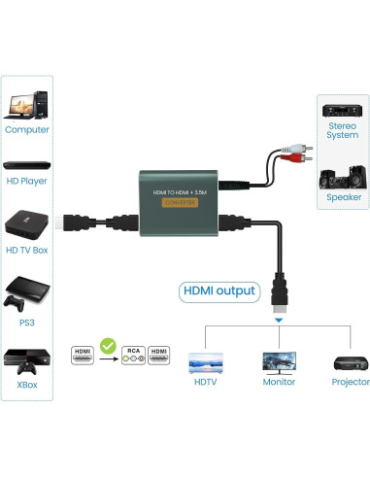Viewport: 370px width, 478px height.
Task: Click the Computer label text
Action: click(x=26, y=129)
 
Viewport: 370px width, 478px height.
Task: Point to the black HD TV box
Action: click(x=26, y=222)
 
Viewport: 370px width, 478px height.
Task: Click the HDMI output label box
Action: click(x=219, y=290)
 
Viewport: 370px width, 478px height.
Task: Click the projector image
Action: click(x=349, y=362)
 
